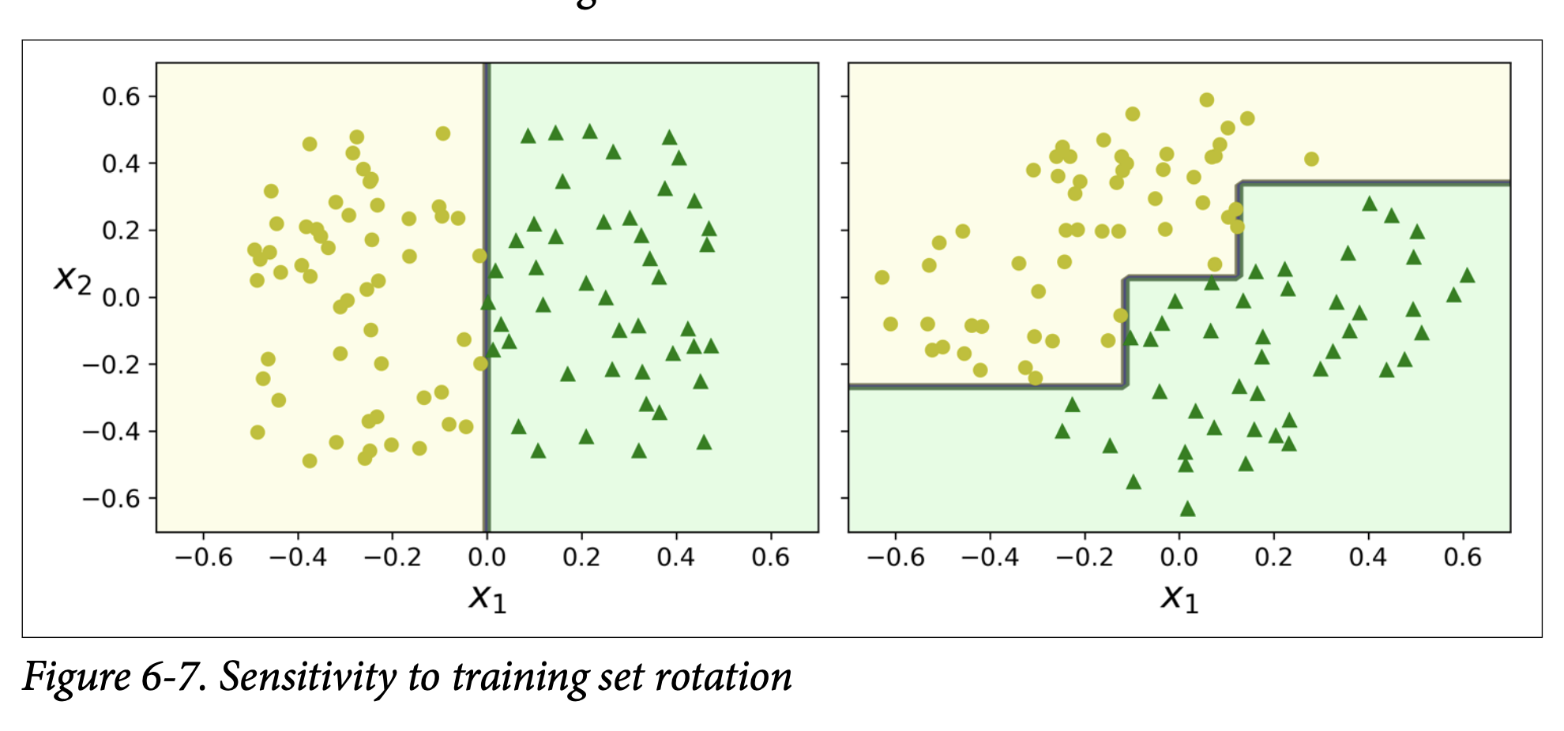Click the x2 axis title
click(x=73, y=279)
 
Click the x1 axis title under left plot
click(x=487, y=598)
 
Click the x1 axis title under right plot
click(x=1179, y=598)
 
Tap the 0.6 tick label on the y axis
click(x=120, y=96)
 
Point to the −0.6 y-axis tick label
click(x=111, y=498)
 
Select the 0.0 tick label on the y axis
click(x=120, y=298)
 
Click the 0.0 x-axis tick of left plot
click(x=487, y=557)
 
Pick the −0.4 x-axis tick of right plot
click(x=990, y=557)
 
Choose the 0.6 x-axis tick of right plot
click(x=1462, y=557)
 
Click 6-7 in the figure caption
click(x=174, y=677)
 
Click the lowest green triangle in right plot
click(x=1187, y=509)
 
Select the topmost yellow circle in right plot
click(x=1206, y=100)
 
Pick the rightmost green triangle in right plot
click(x=1467, y=276)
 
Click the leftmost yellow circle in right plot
click(x=882, y=277)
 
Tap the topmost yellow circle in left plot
click(x=443, y=133)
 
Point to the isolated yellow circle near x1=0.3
click(x=1311, y=159)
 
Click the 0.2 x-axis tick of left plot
click(x=581, y=557)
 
